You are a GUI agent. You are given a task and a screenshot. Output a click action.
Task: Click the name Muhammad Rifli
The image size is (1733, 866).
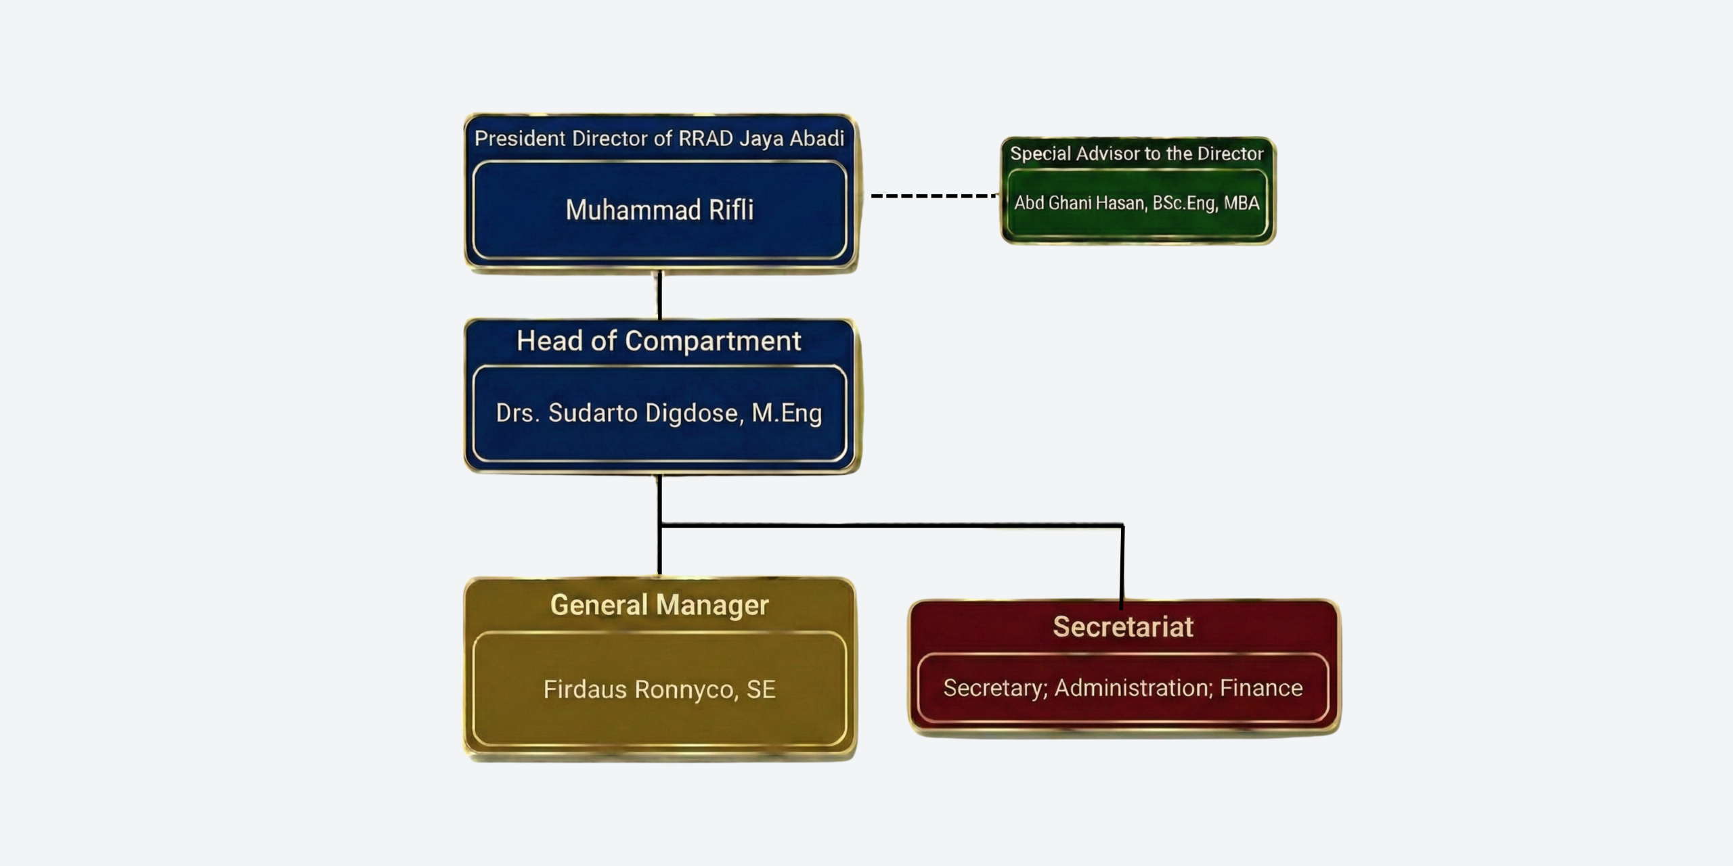click(x=659, y=210)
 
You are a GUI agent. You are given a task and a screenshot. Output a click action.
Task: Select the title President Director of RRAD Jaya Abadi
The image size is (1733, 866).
click(x=659, y=139)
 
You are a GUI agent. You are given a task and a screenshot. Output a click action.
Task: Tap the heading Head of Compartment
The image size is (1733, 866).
click(x=659, y=341)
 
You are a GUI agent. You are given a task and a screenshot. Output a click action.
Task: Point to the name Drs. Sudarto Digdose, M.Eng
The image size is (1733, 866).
click(x=659, y=413)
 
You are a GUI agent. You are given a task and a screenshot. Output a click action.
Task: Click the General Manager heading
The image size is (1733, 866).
click(x=659, y=605)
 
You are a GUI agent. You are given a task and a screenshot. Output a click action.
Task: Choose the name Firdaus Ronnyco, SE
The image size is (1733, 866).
click(x=659, y=689)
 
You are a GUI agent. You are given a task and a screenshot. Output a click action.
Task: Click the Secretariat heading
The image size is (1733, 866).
click(x=1123, y=627)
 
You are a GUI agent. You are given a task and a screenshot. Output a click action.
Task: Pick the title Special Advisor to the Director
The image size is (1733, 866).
click(x=1137, y=154)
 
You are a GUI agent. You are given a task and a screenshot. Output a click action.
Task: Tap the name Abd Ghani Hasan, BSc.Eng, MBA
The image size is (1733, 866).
click(x=1137, y=203)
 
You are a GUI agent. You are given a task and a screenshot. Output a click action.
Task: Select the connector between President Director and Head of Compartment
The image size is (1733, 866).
click(x=659, y=296)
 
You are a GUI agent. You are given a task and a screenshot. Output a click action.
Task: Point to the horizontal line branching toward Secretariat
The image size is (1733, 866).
click(x=891, y=524)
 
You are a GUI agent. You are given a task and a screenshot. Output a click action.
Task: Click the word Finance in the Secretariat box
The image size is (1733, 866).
click(x=1261, y=688)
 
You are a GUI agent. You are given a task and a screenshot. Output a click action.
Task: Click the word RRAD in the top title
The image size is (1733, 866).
click(x=705, y=139)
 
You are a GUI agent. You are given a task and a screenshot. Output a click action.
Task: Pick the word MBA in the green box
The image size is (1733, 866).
click(x=1242, y=203)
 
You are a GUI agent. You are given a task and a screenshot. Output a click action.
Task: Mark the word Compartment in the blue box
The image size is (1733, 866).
click(x=713, y=341)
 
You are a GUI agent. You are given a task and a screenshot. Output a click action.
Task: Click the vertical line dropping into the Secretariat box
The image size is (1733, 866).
click(x=1122, y=565)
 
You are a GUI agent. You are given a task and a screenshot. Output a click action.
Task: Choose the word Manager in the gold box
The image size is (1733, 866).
click(x=712, y=605)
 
